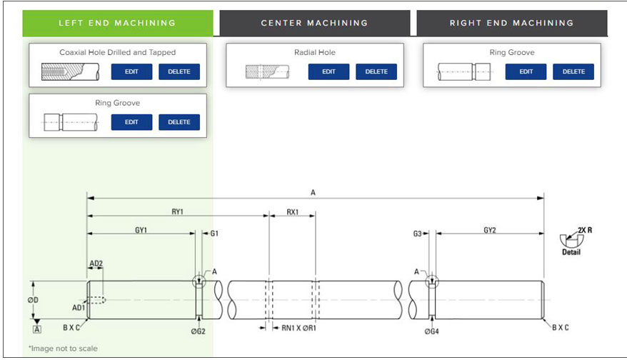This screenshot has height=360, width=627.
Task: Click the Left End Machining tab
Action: click(x=118, y=23)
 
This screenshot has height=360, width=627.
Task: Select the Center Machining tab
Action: click(x=314, y=23)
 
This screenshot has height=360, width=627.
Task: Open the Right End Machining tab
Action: click(x=511, y=23)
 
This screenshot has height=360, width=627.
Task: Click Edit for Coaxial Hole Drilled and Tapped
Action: click(x=131, y=71)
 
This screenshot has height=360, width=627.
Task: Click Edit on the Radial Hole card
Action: click(x=328, y=71)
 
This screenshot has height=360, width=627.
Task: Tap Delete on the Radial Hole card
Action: click(x=376, y=71)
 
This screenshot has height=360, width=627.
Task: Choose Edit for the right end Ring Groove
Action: click(x=526, y=71)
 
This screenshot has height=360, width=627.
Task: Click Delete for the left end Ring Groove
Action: click(x=179, y=122)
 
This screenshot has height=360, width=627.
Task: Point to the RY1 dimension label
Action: click(x=178, y=212)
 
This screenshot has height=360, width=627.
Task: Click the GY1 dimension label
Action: click(x=141, y=231)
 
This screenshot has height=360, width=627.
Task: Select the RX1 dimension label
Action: click(x=292, y=212)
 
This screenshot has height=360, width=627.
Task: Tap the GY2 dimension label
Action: click(x=490, y=231)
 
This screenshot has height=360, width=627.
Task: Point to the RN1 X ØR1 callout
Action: click(x=299, y=328)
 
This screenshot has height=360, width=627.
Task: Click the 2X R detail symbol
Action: click(x=572, y=239)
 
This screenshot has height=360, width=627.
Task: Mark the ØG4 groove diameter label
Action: click(x=432, y=331)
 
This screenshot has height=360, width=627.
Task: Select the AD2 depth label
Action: click(x=96, y=264)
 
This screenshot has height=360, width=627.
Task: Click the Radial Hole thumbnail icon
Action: click(x=266, y=71)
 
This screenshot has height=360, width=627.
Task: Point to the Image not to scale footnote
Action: click(x=63, y=349)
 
